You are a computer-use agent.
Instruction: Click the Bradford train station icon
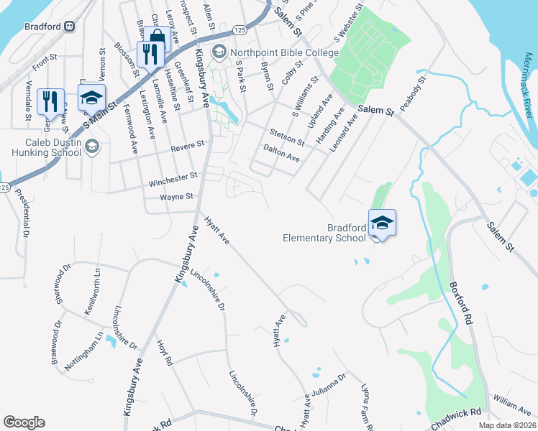point(70,27)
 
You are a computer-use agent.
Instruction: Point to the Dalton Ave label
point(281,152)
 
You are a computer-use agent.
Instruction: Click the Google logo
point(24,422)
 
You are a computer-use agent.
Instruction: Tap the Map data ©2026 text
point(506,425)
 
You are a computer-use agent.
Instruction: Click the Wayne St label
point(177,196)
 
